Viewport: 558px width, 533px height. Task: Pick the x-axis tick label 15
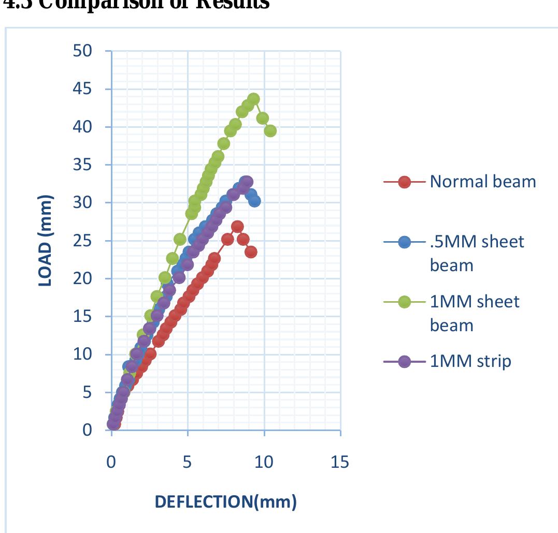tap(340, 462)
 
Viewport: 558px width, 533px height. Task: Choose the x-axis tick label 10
tap(264, 462)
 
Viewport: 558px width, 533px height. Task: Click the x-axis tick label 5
tap(188, 462)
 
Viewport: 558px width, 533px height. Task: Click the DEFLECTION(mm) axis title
tap(226, 501)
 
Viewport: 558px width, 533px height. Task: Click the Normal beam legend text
tap(482, 181)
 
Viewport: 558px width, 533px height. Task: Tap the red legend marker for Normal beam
tap(405, 182)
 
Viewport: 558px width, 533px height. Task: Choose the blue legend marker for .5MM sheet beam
tap(405, 242)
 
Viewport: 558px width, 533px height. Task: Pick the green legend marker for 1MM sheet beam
tap(405, 302)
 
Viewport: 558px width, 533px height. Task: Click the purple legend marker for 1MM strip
tap(405, 361)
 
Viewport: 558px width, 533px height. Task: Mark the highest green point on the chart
tap(253, 99)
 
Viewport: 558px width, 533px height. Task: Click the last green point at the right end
tap(270, 131)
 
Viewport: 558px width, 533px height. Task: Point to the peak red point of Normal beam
tap(237, 227)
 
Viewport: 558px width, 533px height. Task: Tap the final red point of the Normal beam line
tap(251, 252)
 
